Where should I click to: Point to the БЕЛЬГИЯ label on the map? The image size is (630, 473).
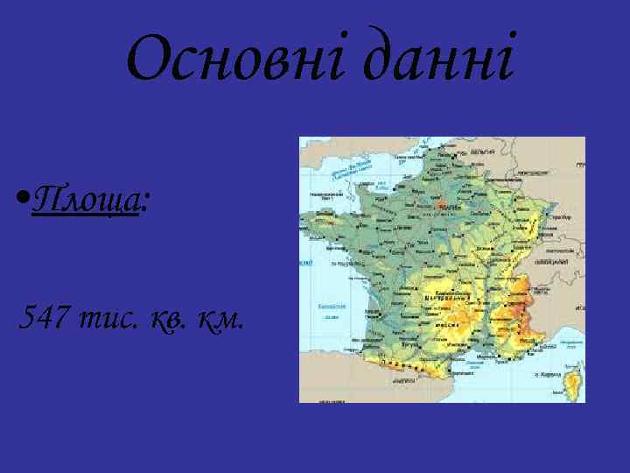pos(484,152)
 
